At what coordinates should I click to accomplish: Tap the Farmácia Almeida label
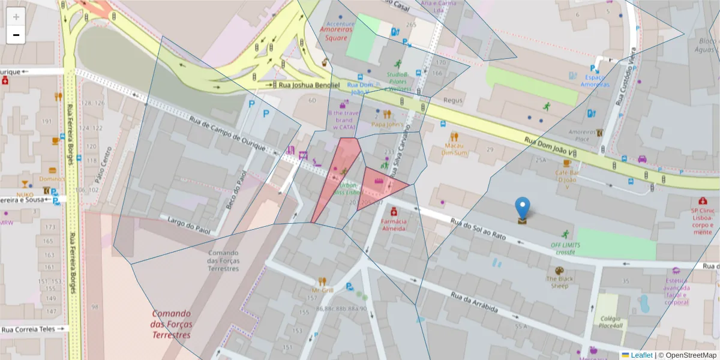(x=394, y=225)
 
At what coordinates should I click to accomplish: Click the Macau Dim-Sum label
(x=455, y=148)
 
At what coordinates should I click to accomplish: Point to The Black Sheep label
(x=560, y=282)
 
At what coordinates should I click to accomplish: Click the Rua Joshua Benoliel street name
(x=310, y=86)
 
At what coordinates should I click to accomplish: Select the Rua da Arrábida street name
(x=475, y=302)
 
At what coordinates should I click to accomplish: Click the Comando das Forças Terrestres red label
(x=172, y=324)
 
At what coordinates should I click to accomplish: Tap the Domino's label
(x=52, y=179)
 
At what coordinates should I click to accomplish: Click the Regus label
(x=454, y=101)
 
